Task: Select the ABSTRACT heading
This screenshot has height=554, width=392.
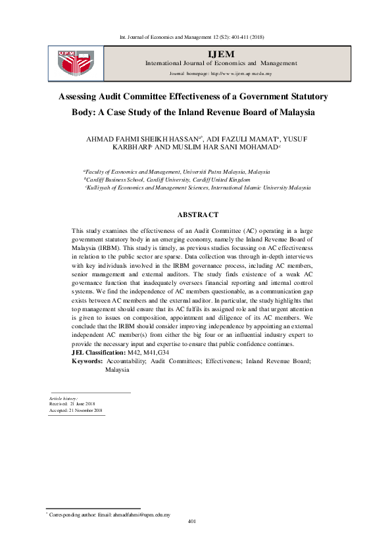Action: (198, 214)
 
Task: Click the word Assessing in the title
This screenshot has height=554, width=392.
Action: (79, 96)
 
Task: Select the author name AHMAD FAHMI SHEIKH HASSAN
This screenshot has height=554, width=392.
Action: (145, 139)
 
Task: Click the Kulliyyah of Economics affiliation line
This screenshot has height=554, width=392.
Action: (197, 188)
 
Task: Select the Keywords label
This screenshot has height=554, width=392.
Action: (86, 361)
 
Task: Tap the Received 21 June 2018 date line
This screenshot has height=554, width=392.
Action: (72, 404)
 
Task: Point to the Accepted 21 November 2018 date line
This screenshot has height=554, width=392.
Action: (76, 410)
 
